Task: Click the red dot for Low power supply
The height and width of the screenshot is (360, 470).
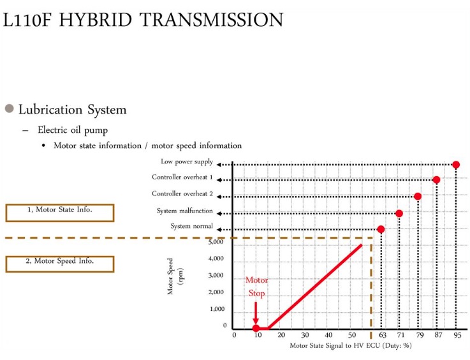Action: (456, 165)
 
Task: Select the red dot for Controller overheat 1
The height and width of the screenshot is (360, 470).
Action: (436, 180)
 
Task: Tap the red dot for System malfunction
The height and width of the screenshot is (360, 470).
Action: (399, 213)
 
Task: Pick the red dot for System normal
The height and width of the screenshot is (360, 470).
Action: (381, 230)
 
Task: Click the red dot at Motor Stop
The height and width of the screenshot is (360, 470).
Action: (256, 328)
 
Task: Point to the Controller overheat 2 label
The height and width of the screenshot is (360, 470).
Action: (182, 193)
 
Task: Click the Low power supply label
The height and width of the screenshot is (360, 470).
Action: (187, 161)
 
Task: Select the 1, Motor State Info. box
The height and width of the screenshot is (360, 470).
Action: (60, 213)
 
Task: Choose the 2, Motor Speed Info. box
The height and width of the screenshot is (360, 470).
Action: (60, 264)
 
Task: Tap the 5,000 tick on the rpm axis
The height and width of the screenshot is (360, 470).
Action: (216, 242)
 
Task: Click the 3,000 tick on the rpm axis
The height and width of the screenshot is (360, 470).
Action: (216, 275)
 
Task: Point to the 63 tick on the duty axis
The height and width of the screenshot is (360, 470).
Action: (383, 335)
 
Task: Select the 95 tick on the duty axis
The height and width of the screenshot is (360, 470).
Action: (457, 335)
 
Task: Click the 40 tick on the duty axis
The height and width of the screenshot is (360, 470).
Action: (328, 335)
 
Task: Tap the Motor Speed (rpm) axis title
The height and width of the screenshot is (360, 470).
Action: (175, 276)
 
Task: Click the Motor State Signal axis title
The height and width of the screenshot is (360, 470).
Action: (351, 345)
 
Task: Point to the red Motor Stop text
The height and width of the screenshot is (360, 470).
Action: (256, 287)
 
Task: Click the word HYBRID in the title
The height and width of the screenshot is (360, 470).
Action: (96, 20)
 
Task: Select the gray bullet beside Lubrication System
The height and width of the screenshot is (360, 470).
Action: (10, 109)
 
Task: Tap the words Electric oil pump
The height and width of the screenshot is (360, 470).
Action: (73, 130)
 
